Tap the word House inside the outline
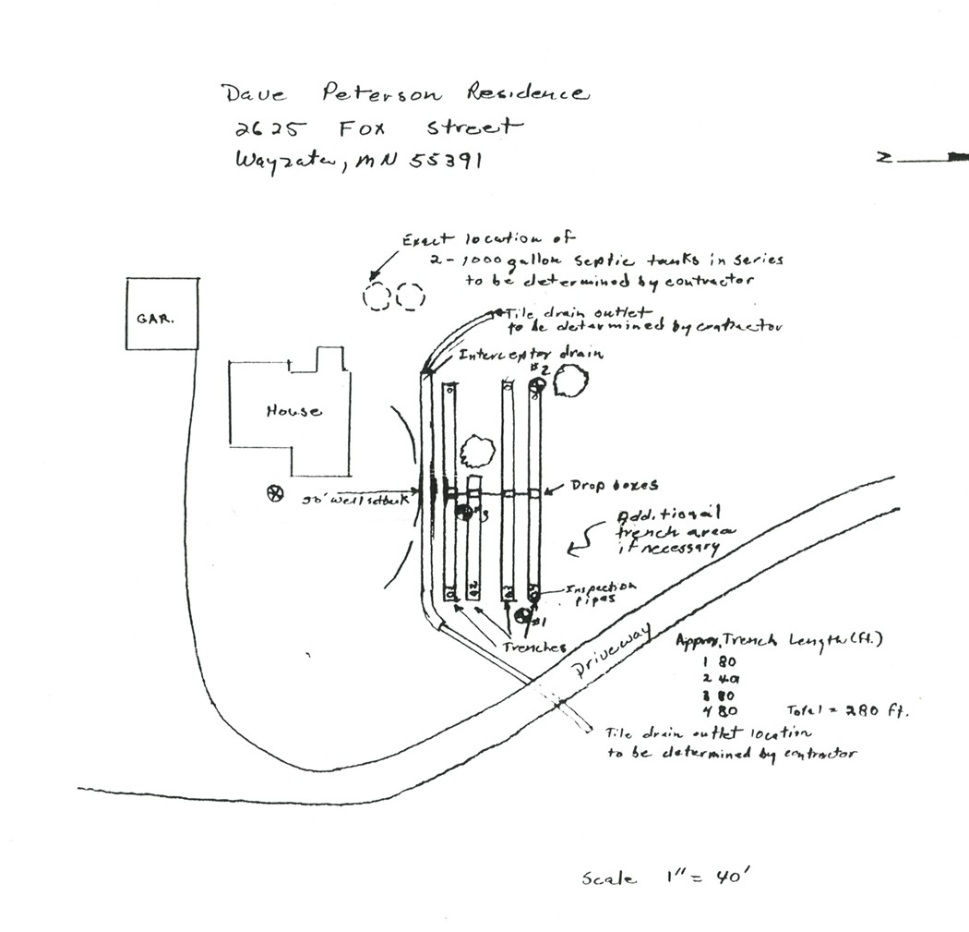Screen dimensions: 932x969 293,411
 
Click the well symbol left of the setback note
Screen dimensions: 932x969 273,493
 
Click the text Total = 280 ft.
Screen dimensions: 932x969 846,710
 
